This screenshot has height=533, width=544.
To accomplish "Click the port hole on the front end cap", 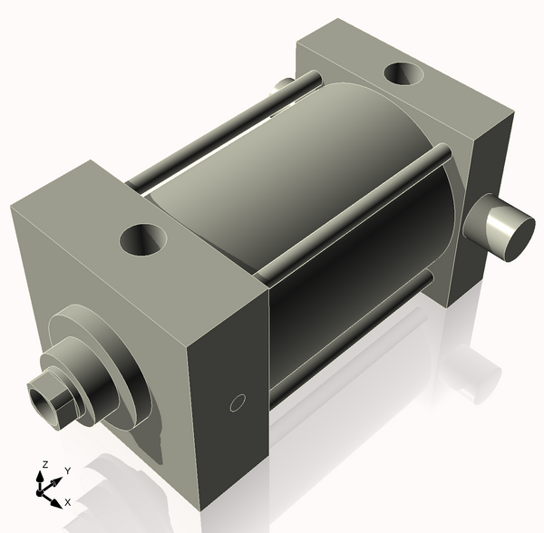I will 144,241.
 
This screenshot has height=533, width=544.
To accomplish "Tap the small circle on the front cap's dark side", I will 238,402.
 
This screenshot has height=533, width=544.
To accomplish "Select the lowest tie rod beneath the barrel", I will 354,335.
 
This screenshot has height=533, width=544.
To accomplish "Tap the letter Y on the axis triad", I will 68,470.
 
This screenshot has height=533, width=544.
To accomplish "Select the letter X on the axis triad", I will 68,501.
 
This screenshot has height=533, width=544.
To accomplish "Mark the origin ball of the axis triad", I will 41,491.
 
